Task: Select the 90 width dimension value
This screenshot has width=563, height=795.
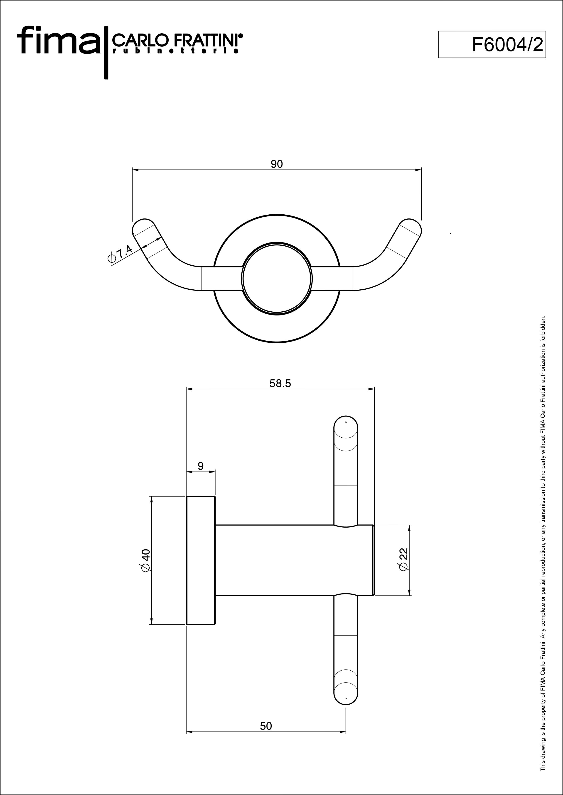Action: click(277, 164)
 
